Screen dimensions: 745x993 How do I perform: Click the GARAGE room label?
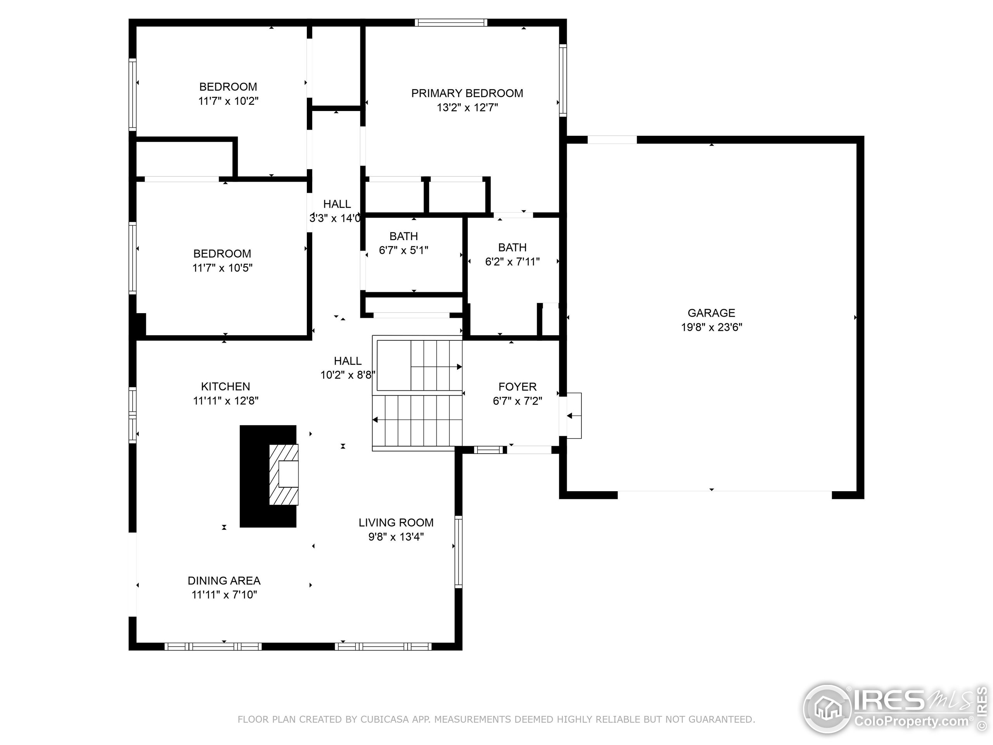pos(711,313)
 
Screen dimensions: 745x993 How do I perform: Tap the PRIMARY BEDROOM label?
pos(467,94)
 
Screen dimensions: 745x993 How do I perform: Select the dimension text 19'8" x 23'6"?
pos(711,327)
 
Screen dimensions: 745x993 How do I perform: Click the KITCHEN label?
pos(225,386)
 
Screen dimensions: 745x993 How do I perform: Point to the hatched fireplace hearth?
pos(284,475)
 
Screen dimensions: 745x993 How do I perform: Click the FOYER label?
pos(517,386)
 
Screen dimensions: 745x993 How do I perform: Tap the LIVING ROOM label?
pos(396,523)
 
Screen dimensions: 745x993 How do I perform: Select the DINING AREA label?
pos(224,580)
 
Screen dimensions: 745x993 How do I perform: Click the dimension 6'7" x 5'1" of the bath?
pos(403,251)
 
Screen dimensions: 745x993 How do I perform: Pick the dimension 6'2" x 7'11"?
pos(512,262)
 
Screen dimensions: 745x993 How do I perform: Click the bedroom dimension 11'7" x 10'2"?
pos(228,101)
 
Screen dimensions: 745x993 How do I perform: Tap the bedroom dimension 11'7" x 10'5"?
pos(222,268)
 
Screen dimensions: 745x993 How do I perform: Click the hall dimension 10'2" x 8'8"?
pos(348,375)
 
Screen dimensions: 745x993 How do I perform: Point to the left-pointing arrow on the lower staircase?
pos(375,420)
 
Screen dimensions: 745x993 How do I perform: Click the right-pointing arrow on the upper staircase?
pos(459,367)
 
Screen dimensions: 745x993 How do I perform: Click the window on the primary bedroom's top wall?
pos(450,23)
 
